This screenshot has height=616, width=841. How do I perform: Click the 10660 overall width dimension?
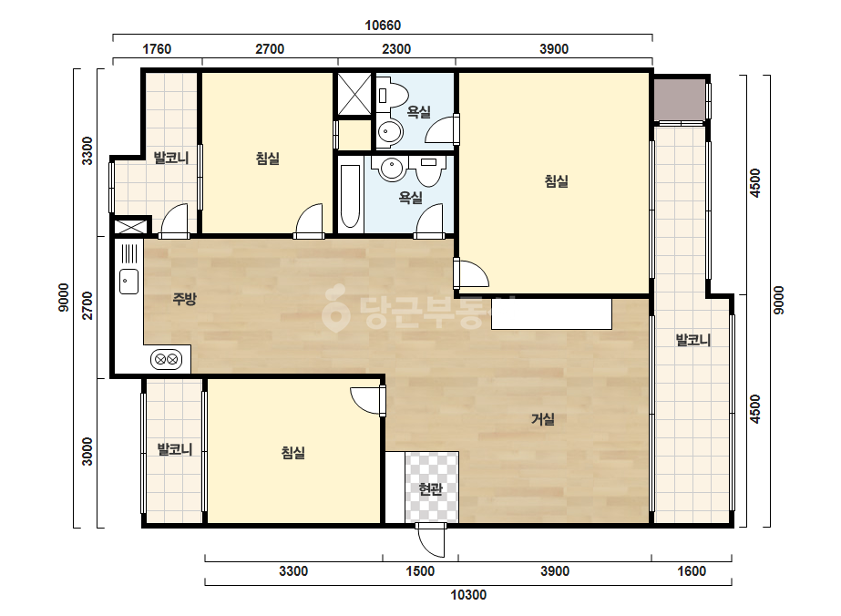coord(383,26)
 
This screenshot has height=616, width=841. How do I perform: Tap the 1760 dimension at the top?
coord(157,49)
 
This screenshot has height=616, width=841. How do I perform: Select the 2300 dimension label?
coord(396,49)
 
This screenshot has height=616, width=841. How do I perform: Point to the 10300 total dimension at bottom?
coord(468,594)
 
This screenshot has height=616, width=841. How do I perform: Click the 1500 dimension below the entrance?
coord(420,571)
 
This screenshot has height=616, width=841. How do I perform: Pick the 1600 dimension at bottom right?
coord(692,571)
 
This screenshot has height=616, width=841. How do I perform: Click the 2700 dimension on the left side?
coord(87,305)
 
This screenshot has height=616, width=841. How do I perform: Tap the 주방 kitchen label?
coord(184,299)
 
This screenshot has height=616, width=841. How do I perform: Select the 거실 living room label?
coord(543,419)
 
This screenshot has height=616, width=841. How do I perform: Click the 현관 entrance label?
coord(431,488)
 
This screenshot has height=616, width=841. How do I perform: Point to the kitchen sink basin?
coord(128,282)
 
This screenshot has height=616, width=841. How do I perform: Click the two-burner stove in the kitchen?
coord(166,359)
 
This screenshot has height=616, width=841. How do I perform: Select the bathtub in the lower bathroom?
coord(350,196)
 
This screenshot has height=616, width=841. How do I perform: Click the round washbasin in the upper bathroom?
coord(389,131)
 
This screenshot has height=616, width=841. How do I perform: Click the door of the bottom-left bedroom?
coord(367,400)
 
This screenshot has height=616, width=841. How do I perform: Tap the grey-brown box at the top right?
coord(680,100)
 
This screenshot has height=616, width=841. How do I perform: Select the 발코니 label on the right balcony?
coord(693,340)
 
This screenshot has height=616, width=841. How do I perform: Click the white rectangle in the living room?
coord(551,313)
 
